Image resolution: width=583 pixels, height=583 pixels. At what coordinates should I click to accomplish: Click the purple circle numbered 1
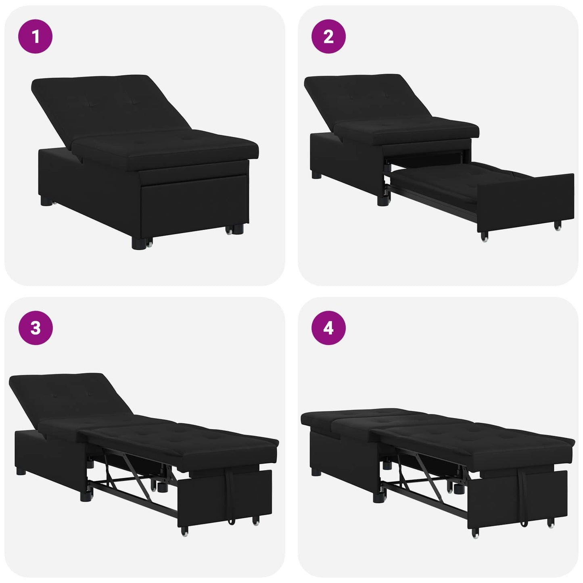[36, 37]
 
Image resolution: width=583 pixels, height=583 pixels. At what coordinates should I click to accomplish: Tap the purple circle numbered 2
[328, 37]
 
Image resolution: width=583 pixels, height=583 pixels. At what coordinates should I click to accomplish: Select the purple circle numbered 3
[36, 328]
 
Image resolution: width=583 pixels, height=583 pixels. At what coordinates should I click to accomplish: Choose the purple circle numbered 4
[328, 328]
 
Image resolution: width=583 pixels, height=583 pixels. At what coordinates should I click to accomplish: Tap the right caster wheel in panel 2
[558, 226]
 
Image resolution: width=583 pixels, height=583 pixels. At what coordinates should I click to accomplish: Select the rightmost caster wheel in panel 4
[551, 524]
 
